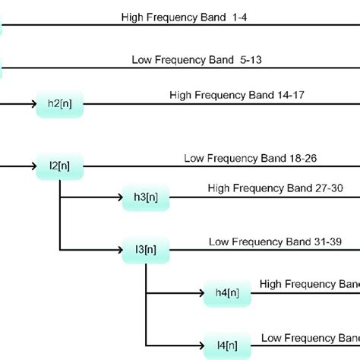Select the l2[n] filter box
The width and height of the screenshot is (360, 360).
tap(59, 165)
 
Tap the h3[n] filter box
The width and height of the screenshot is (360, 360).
tap(146, 197)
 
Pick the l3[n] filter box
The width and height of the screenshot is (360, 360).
tap(146, 248)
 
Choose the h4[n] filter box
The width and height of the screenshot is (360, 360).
tap(226, 292)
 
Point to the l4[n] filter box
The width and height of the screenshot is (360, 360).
tap(226, 343)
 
